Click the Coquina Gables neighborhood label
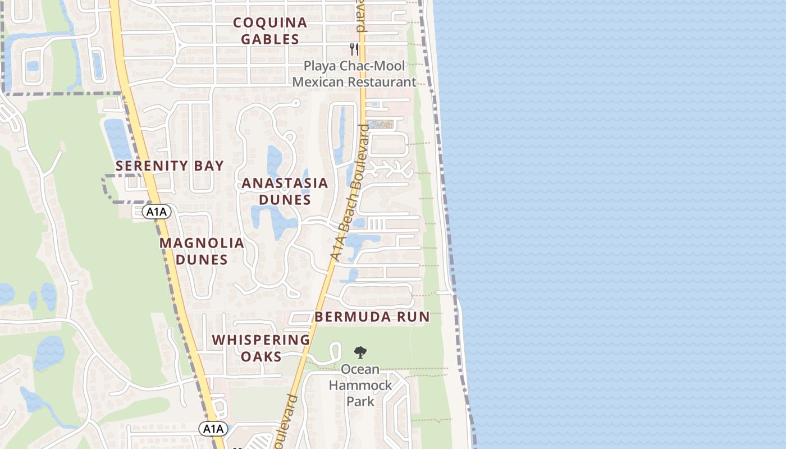click(x=270, y=31)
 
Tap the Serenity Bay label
click(x=170, y=166)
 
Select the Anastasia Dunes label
click(x=285, y=191)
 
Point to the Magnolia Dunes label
click(x=202, y=251)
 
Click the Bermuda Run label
click(x=372, y=317)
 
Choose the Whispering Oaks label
click(x=261, y=348)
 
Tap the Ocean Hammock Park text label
click(x=360, y=385)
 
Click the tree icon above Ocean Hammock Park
click(x=360, y=352)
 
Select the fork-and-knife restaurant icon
click(x=354, y=49)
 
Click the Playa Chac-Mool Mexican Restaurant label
click(x=354, y=74)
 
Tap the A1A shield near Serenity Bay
click(x=156, y=212)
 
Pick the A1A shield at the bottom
click(x=213, y=429)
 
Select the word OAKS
click(x=261, y=356)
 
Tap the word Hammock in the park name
click(x=360, y=386)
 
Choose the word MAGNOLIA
click(x=202, y=243)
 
